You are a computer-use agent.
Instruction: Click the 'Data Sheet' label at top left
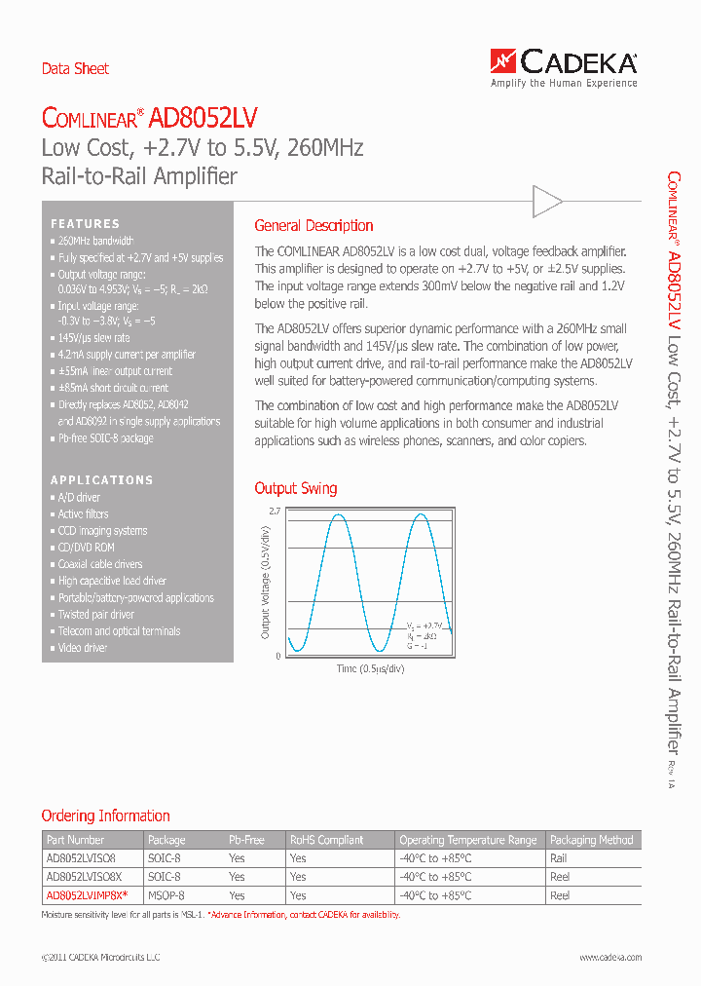click(x=75, y=68)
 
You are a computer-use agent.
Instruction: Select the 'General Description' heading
click(x=314, y=225)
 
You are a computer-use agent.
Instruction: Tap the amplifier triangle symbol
click(x=547, y=202)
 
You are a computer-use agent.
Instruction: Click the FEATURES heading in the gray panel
click(x=86, y=223)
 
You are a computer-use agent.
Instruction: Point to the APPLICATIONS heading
click(x=102, y=479)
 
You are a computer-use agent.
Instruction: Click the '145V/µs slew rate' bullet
click(x=93, y=338)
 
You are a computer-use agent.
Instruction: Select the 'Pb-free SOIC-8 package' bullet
click(x=105, y=438)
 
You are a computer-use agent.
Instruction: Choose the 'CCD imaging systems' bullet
click(x=102, y=531)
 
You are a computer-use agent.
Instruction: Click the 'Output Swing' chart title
click(x=296, y=488)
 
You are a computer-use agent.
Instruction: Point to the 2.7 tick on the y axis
click(x=274, y=511)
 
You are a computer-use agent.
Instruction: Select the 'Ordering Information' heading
click(x=105, y=815)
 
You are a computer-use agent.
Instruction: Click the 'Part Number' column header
click(x=75, y=840)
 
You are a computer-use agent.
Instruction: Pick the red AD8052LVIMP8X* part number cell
click(x=88, y=894)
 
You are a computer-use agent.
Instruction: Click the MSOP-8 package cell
click(x=166, y=894)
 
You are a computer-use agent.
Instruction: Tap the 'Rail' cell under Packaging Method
click(x=558, y=858)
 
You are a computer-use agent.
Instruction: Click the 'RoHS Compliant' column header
click(x=326, y=840)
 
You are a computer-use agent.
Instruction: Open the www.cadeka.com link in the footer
click(x=610, y=958)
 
